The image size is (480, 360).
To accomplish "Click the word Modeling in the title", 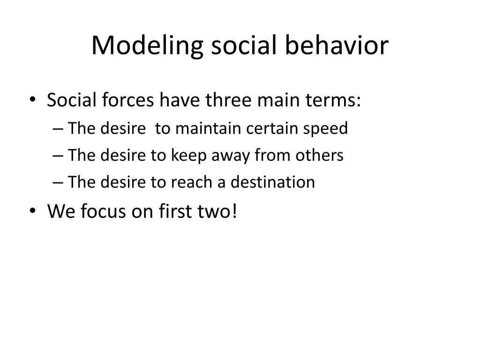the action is pos(147,46).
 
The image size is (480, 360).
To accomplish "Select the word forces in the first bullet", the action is pos(127,100).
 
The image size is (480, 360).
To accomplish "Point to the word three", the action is pos(228,100).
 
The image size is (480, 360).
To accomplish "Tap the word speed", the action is pos(325,128).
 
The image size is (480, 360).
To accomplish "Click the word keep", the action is pos(188,156).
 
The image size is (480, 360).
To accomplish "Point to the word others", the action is pos(319,155).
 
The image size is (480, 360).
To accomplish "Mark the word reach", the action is pos(192,182).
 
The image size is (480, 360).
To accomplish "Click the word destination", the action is pos(272,182).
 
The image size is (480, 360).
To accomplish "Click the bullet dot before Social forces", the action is pos(33,99).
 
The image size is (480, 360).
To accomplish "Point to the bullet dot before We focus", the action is pos(33,210).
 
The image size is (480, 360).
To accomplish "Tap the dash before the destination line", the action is pos(58,183).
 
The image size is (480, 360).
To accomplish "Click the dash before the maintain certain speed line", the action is pos(58,129).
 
